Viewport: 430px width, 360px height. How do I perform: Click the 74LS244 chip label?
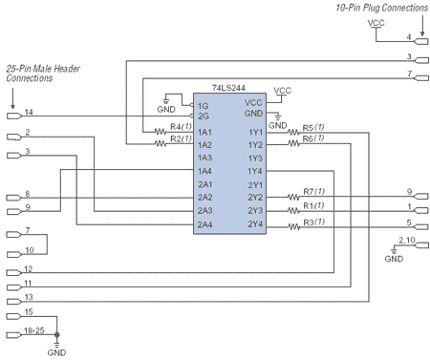(x=228, y=88)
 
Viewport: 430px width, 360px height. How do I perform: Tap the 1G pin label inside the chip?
(x=203, y=106)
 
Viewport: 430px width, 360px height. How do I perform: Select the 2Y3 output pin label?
(x=255, y=211)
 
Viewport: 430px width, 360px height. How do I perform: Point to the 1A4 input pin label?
(x=204, y=171)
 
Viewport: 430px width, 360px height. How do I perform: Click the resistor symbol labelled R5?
(x=293, y=132)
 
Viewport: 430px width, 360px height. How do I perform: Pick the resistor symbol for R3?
(x=294, y=226)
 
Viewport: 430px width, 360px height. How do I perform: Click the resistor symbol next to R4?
(x=161, y=131)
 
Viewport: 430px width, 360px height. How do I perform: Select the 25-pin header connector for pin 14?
(x=14, y=116)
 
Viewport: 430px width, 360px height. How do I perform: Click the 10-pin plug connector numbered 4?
(x=421, y=41)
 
